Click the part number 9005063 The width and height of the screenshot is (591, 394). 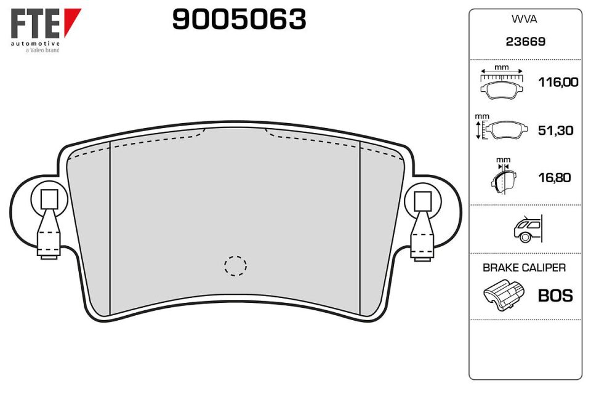[x=239, y=19]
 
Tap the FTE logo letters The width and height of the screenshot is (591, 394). [x=35, y=23]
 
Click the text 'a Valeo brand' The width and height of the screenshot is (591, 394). [x=42, y=50]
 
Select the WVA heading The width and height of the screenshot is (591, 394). [x=524, y=19]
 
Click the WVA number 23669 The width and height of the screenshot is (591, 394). [x=525, y=41]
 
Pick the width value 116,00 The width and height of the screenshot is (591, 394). [x=558, y=82]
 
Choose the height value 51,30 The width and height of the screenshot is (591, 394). [x=555, y=130]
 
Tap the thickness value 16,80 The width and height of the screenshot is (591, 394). [x=555, y=177]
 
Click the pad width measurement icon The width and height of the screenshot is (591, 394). [x=502, y=82]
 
